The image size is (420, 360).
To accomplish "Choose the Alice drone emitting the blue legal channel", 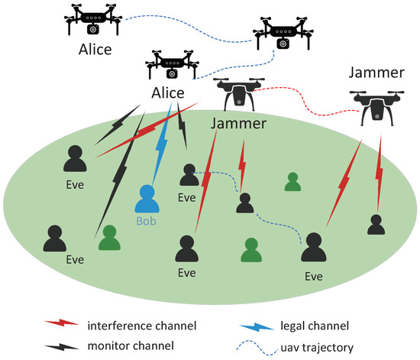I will [x=169, y=66].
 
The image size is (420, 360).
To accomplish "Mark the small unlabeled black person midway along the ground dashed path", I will [x=244, y=202].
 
